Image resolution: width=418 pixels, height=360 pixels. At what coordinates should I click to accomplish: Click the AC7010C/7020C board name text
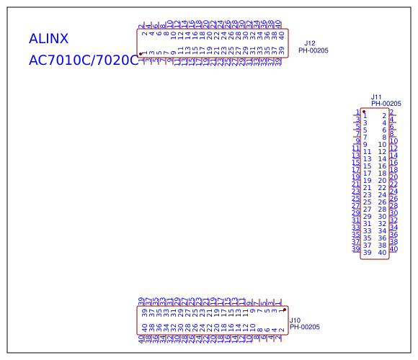(83, 60)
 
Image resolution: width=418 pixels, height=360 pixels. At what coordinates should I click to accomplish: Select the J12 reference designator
(309, 44)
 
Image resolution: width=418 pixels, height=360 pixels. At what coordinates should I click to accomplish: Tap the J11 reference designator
(375, 96)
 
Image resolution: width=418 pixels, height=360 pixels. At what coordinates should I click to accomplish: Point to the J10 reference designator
(295, 320)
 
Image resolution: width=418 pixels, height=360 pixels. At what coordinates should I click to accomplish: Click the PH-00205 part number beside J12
(313, 51)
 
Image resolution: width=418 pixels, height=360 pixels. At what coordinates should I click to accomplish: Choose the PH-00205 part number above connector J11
(386, 104)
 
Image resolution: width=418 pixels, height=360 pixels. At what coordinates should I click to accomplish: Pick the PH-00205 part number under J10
(305, 327)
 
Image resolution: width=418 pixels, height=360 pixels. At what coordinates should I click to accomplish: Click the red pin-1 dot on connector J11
(365, 112)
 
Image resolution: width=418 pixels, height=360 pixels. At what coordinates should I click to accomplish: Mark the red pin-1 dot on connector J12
(140, 54)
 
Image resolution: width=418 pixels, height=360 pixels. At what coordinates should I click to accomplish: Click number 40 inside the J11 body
(383, 253)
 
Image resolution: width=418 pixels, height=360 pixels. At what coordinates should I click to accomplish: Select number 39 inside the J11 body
(367, 253)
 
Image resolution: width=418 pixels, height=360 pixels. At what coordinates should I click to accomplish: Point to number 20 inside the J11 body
(383, 181)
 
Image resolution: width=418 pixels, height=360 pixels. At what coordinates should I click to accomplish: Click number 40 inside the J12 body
(281, 34)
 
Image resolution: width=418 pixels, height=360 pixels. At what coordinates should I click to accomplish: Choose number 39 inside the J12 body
(281, 50)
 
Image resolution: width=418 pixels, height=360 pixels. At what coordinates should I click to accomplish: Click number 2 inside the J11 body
(384, 116)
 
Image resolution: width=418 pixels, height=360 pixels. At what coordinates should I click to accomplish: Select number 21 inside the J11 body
(367, 188)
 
